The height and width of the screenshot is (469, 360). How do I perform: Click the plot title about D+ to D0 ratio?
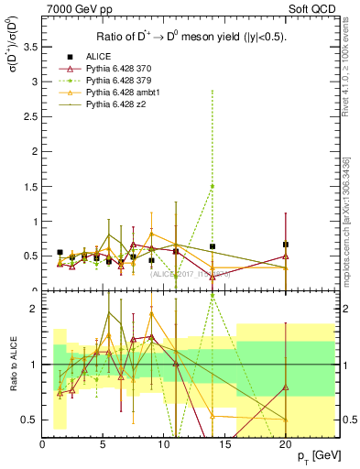point(190,37)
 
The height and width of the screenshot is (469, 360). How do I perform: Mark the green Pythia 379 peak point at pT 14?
point(213,186)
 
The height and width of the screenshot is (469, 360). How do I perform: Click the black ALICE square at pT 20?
point(286,245)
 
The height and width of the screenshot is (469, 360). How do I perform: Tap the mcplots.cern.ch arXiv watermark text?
point(346,220)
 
